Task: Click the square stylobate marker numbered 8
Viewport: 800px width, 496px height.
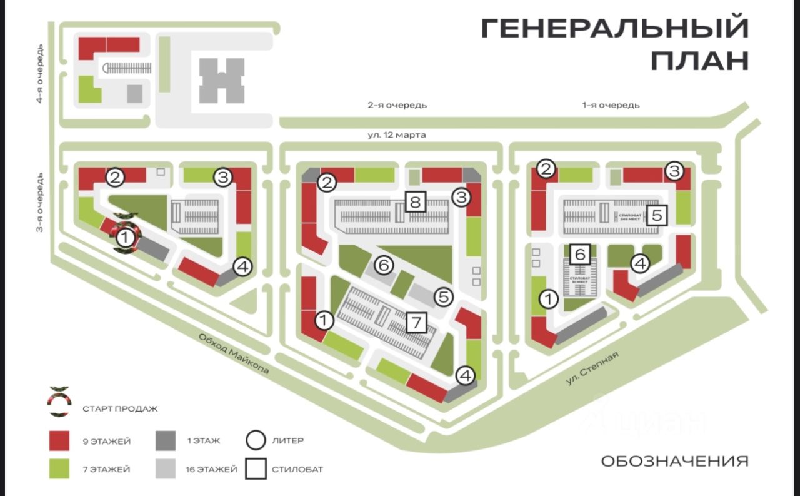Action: pos(416,201)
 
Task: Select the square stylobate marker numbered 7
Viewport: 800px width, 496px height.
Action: pos(416,322)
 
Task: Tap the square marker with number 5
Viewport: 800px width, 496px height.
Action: pos(656,216)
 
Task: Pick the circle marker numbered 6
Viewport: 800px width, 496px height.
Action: pos(385,265)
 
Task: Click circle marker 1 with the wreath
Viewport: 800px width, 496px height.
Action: pos(125,237)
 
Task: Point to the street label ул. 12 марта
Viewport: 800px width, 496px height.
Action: pos(392,134)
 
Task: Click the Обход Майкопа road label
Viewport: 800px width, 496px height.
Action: pos(234,353)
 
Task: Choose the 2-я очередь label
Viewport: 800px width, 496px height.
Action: pos(397,105)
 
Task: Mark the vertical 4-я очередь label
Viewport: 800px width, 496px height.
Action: pos(39,73)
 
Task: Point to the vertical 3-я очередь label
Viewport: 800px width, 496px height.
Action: pos(39,201)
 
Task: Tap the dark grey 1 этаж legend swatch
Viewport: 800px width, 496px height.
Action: pos(166,441)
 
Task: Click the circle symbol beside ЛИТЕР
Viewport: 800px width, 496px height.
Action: pos(256,441)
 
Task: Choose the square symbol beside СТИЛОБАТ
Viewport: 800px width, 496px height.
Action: pos(256,469)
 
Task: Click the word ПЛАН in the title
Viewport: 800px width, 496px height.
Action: pos(699,61)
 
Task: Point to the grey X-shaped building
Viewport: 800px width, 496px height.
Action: pos(221,80)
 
